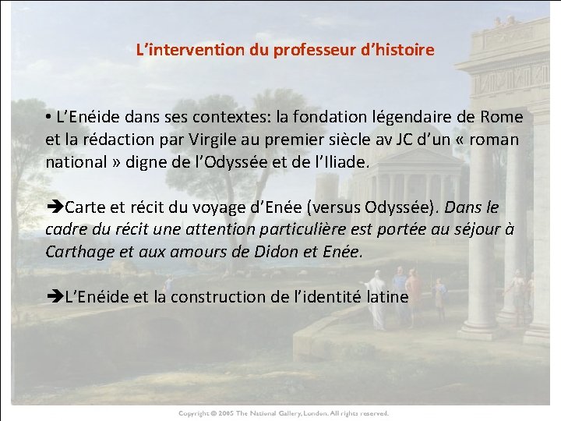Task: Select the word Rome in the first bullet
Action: (x=503, y=118)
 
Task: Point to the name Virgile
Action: (x=242, y=140)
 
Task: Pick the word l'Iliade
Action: (x=343, y=163)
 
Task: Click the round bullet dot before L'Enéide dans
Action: (x=48, y=118)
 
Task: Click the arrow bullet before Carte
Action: (x=55, y=208)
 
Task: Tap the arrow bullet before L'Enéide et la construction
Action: (x=55, y=297)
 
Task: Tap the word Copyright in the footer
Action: (x=195, y=413)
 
